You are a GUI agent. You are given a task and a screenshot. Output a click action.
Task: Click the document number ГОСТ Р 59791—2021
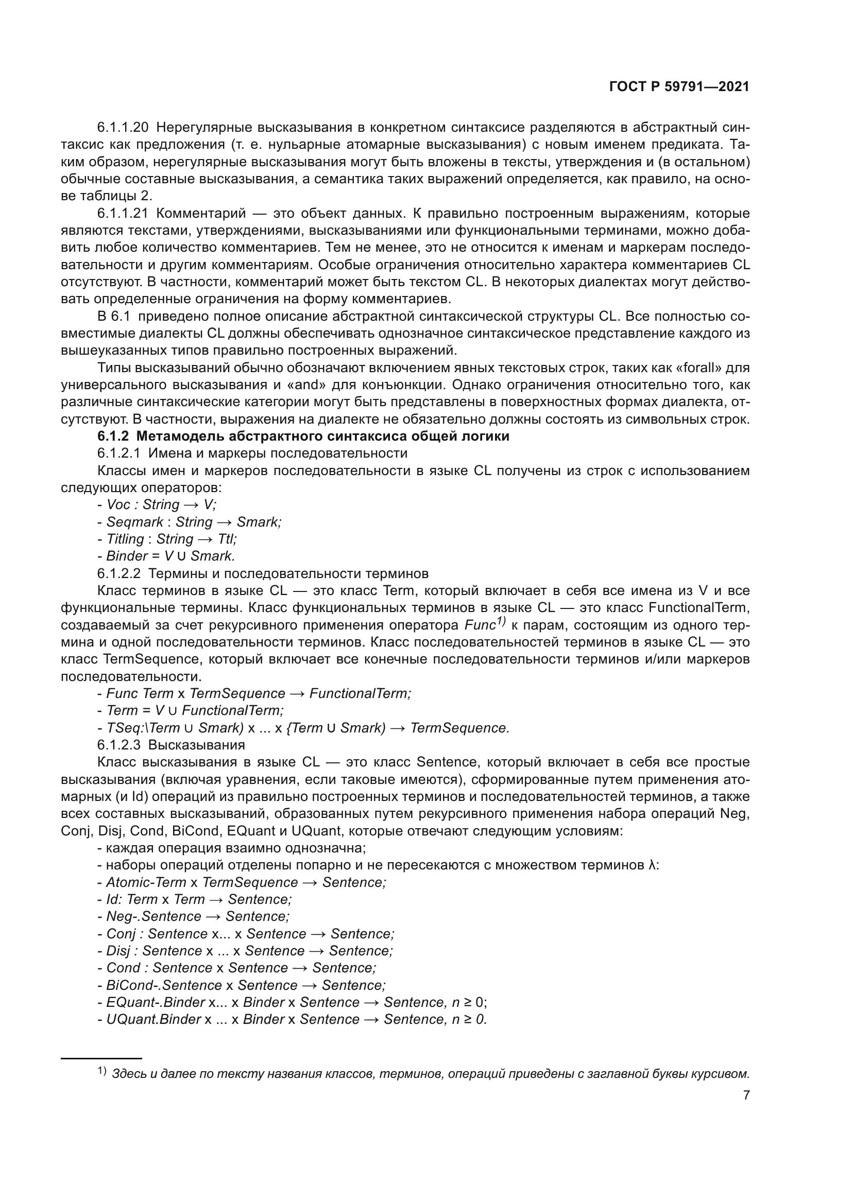point(679,86)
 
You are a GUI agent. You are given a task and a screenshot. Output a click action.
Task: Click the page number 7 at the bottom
point(746,1095)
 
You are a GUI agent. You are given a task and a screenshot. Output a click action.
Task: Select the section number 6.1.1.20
point(123,128)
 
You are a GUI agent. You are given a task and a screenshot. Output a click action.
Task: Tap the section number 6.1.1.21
point(123,214)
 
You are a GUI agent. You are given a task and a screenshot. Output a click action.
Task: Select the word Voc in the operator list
point(118,504)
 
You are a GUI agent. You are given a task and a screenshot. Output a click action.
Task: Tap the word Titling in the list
point(125,539)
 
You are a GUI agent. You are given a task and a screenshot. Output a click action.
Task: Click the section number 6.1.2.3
point(118,745)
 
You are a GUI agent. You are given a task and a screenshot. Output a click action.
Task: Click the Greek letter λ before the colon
point(652,865)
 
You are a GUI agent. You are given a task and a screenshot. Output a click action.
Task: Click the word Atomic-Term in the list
point(146,882)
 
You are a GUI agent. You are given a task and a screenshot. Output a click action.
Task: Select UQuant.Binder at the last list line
point(154,1019)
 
